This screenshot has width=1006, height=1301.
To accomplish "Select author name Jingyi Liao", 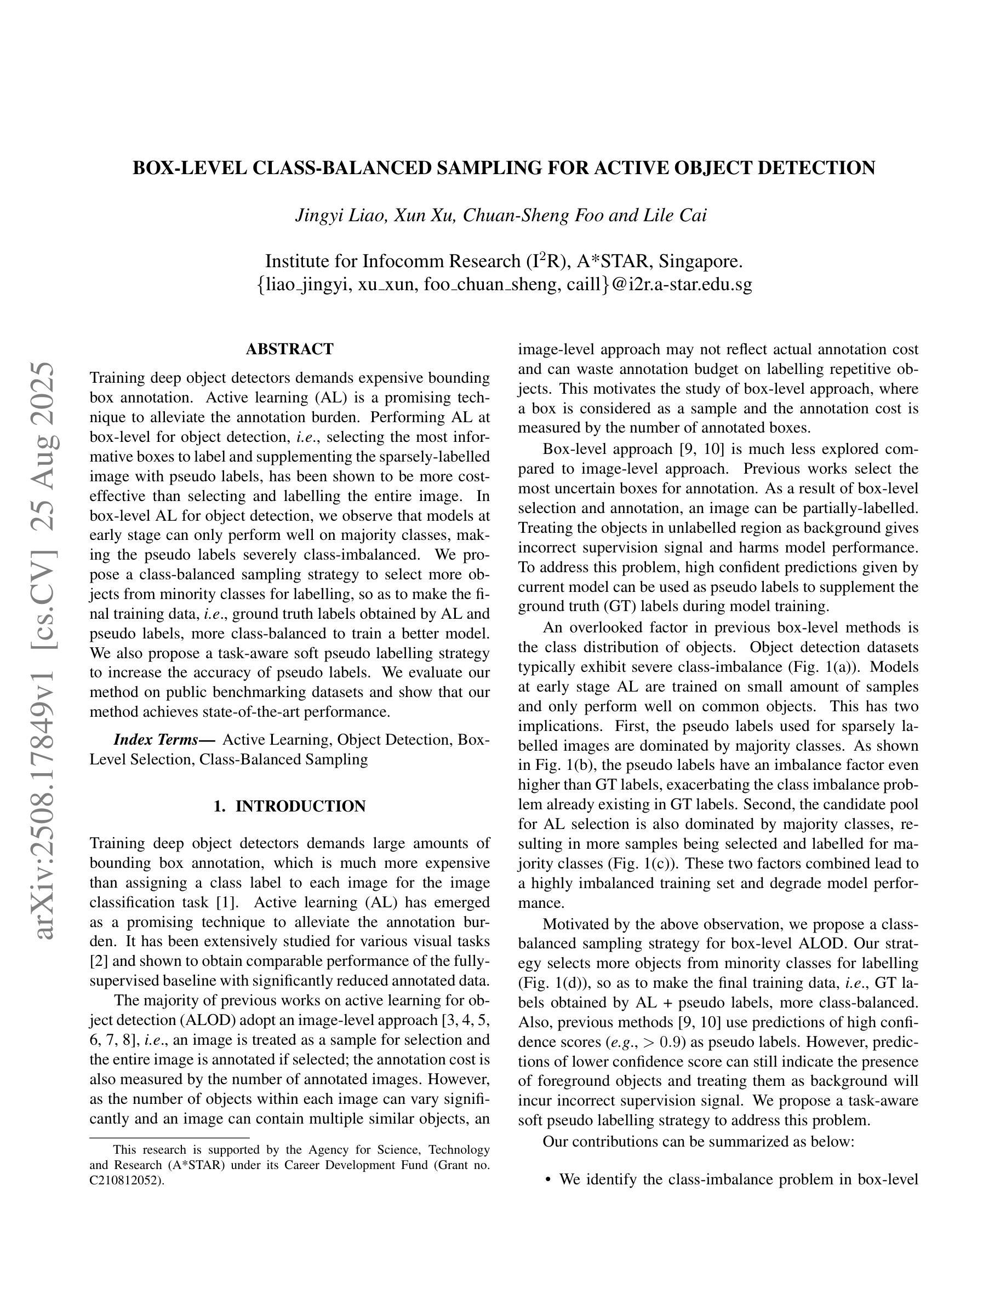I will (x=342, y=215).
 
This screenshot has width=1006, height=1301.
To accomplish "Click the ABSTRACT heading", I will (x=290, y=349).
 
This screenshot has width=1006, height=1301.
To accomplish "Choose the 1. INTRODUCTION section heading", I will (x=290, y=807).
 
